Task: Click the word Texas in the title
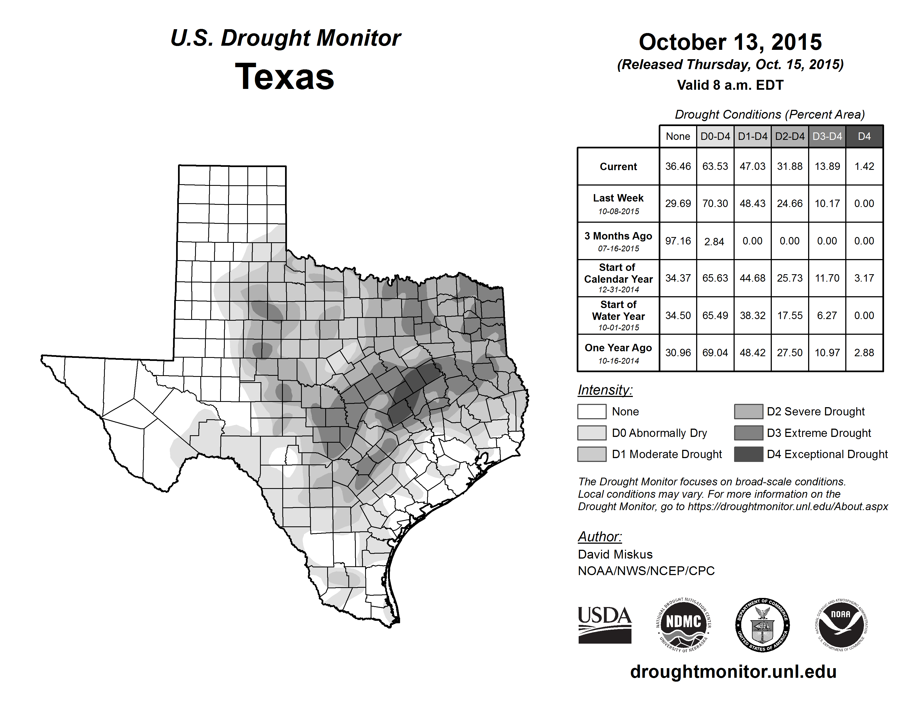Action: tap(285, 77)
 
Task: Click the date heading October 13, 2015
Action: tap(730, 42)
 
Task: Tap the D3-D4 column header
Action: tap(827, 136)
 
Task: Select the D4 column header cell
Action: tap(864, 136)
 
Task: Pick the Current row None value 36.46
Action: tap(678, 166)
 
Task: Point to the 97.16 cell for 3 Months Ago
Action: tap(678, 241)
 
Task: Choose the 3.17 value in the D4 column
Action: tap(864, 278)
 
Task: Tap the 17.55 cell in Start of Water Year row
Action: tap(789, 315)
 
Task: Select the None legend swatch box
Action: tap(592, 411)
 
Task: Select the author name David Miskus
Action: tap(615, 554)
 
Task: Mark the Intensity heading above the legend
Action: tap(605, 390)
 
